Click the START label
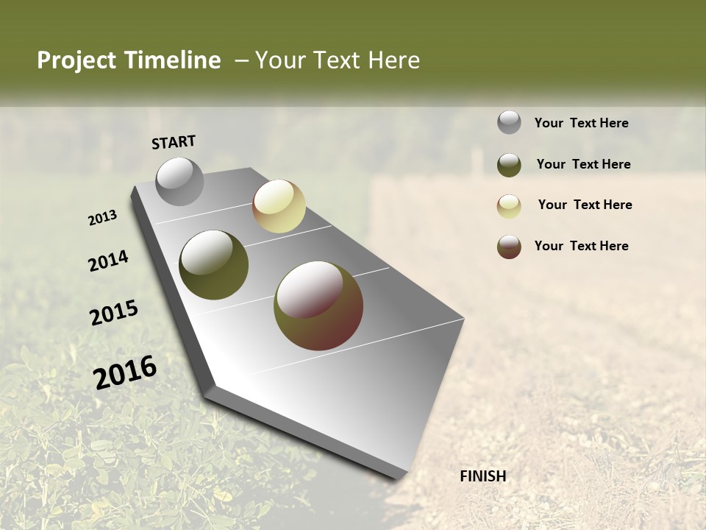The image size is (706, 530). [174, 142]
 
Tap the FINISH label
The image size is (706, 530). [482, 476]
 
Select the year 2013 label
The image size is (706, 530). [102, 218]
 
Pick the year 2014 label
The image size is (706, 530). [108, 261]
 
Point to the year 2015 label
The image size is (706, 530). [114, 313]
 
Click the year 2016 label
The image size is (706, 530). [125, 372]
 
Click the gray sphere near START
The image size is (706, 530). [180, 181]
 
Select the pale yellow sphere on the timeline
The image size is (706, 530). [279, 206]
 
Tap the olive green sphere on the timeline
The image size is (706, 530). [213, 265]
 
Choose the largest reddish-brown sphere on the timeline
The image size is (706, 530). [318, 305]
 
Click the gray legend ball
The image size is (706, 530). [509, 122]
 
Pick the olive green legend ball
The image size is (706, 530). [509, 165]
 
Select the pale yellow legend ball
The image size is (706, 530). [509, 206]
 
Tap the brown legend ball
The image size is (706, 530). [509, 247]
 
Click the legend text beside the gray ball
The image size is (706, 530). [581, 123]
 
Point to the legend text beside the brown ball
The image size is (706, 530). [581, 246]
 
